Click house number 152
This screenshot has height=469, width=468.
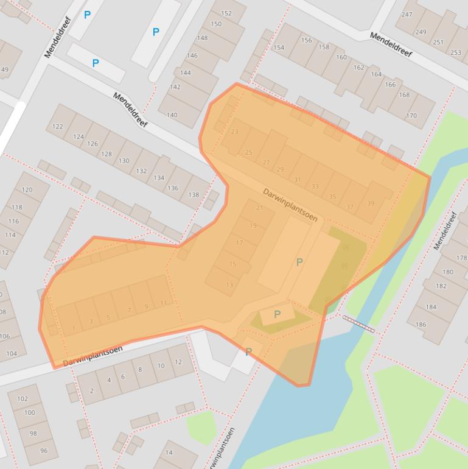point(226,13)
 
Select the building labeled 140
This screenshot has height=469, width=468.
point(172,115)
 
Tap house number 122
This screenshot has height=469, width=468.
point(58,127)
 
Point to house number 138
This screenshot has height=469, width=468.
point(194,195)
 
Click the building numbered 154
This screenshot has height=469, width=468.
point(279,48)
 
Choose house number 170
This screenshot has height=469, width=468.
point(411,115)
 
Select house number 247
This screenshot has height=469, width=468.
point(407,15)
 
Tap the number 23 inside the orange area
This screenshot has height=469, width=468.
point(234,132)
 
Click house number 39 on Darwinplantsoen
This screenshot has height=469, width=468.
point(371,203)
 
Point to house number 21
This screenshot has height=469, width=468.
point(260,208)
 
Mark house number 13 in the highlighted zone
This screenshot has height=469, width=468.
point(229,284)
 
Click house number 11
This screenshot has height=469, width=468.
point(163,303)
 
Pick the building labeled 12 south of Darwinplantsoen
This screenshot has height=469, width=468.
point(178,362)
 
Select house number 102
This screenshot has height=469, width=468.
point(23,399)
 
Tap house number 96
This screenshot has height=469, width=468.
point(44,451)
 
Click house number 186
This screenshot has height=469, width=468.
point(421,325)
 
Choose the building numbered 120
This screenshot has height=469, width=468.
point(27,190)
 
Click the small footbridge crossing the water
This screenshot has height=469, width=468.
point(358,323)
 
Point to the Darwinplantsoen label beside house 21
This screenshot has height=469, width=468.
point(290,204)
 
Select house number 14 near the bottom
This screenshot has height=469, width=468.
point(169,453)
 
